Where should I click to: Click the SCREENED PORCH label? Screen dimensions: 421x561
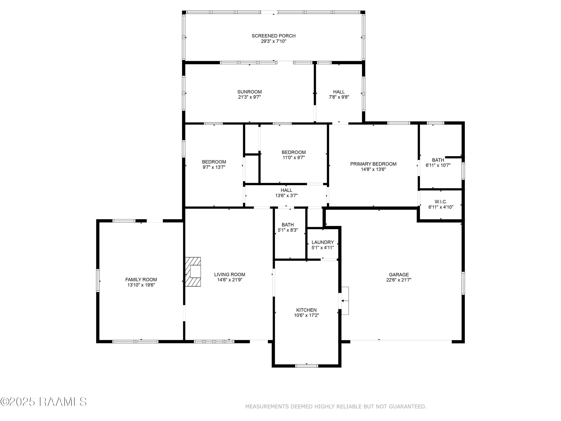(x=273, y=36)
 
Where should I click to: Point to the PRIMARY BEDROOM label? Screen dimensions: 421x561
(x=373, y=164)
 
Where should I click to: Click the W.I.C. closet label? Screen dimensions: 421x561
(x=441, y=202)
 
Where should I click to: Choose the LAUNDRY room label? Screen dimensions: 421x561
(x=323, y=242)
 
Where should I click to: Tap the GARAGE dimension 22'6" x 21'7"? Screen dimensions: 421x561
(x=399, y=280)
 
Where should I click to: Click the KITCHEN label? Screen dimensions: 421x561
(x=306, y=310)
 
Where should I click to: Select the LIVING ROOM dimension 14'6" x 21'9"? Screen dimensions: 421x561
(x=229, y=280)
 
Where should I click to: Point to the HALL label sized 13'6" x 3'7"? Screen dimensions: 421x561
(x=286, y=190)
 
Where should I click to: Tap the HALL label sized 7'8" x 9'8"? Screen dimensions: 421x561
(x=339, y=92)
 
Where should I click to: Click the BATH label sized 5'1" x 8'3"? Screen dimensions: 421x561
(x=288, y=225)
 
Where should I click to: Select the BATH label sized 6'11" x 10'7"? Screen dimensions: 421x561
(x=438, y=160)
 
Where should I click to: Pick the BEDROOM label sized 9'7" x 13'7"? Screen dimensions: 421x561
(x=214, y=162)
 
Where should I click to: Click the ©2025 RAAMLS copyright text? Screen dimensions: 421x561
(x=43, y=402)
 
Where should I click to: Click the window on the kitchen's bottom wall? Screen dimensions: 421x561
(x=306, y=366)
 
